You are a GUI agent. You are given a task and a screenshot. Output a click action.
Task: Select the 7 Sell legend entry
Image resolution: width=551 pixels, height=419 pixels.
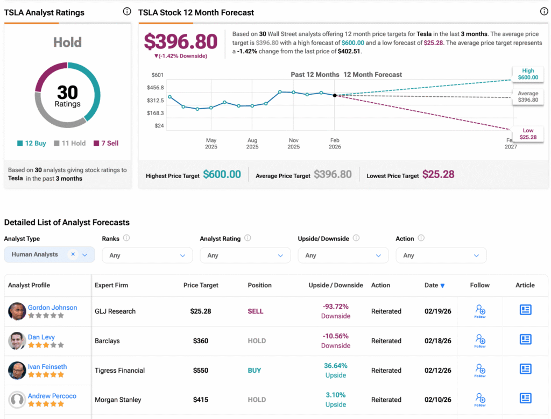tap(106, 143)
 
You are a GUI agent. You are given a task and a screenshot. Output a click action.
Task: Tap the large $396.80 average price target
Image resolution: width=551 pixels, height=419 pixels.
tap(181, 42)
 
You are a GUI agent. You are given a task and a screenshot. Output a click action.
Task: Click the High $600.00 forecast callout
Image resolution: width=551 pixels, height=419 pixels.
tap(527, 74)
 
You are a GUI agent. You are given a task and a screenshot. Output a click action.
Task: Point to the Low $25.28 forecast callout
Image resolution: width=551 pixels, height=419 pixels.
tap(527, 133)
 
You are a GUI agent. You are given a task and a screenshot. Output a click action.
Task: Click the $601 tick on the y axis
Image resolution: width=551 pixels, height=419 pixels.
tap(158, 75)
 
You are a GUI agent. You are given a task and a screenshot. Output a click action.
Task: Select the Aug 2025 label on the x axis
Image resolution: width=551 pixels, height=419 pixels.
tap(252, 144)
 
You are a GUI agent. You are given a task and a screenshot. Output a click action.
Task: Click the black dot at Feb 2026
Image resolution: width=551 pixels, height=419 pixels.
tap(335, 95)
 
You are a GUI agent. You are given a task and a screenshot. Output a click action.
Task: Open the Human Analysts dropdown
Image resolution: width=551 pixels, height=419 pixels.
tap(50, 255)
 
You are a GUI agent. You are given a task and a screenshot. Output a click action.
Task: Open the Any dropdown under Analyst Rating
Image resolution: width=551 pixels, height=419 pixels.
tap(245, 255)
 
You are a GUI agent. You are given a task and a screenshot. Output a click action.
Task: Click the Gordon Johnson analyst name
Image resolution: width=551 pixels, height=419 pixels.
tap(52, 308)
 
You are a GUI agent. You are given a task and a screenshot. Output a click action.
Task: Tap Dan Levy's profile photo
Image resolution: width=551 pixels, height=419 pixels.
tap(17, 340)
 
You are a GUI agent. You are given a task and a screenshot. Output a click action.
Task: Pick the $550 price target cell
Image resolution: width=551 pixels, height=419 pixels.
tap(200, 370)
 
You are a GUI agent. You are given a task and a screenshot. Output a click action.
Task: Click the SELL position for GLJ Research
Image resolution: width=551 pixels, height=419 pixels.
tap(255, 311)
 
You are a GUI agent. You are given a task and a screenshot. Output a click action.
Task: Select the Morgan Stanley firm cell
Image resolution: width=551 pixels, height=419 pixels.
tap(118, 400)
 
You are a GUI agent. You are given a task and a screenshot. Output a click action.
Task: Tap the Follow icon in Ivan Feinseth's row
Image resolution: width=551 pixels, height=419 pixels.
tap(480, 370)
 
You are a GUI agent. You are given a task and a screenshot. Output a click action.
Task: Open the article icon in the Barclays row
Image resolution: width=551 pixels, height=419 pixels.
tap(525, 340)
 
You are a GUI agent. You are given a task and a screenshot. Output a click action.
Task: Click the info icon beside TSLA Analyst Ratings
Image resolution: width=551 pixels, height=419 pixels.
tap(127, 11)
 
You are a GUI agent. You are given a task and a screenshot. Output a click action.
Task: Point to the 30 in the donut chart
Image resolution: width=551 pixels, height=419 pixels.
tap(68, 92)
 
